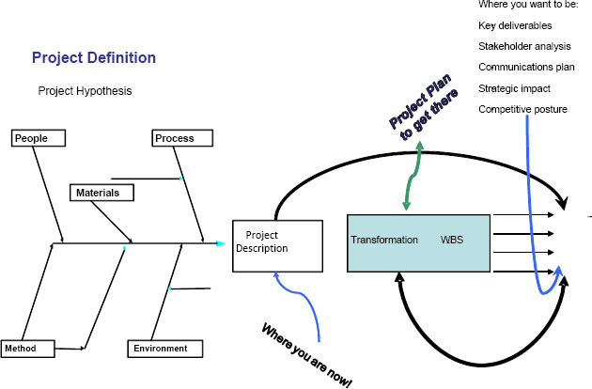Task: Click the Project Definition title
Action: point(94,58)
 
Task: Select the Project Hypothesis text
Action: point(85,91)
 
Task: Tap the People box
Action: point(40,138)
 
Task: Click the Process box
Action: point(179,138)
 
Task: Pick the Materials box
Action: point(101,193)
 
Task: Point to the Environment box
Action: point(165,349)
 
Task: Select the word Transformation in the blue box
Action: point(384,241)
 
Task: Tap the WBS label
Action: point(452,241)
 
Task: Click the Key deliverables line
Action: point(515,26)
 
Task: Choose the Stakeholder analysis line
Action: point(523,47)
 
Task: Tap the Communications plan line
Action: point(526,68)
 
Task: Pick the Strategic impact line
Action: point(514,88)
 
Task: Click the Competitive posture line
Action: point(522,110)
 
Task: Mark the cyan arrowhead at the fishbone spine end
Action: point(220,244)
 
